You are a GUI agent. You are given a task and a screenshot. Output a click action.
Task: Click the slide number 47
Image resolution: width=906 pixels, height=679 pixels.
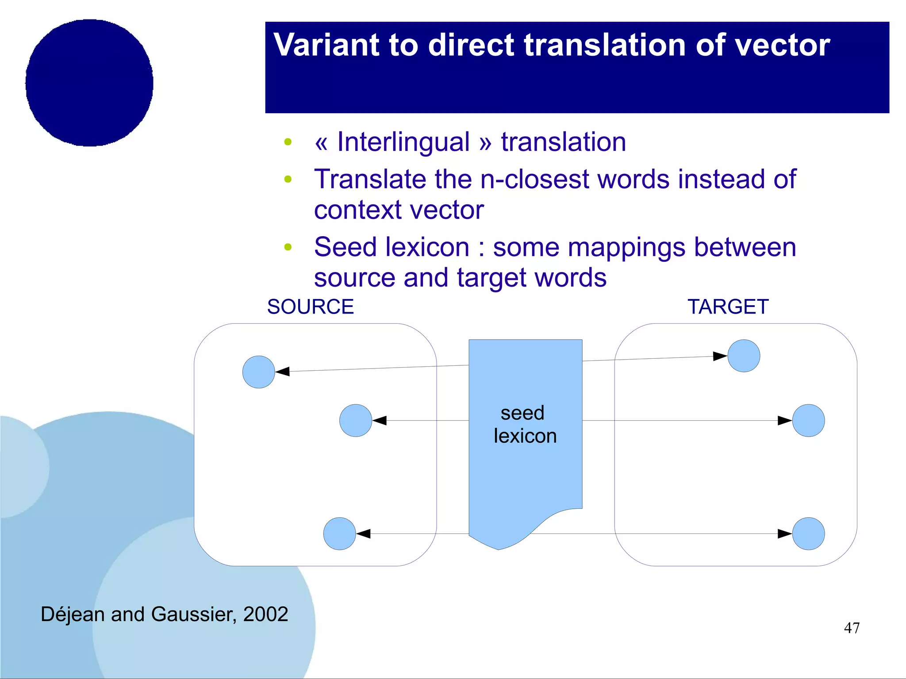852,628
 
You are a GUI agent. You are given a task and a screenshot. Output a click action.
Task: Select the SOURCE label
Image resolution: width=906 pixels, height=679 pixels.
311,307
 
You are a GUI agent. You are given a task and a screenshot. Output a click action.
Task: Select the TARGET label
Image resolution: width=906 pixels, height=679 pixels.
728,307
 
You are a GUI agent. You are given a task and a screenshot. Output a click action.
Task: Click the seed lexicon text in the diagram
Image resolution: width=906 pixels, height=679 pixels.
525,425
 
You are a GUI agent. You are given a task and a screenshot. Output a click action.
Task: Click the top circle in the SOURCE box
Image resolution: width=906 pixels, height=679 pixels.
259,372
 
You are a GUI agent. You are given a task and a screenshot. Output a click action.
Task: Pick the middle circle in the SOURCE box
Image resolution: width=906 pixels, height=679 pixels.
356,421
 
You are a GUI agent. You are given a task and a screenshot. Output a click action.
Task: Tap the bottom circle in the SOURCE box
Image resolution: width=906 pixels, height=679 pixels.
339,534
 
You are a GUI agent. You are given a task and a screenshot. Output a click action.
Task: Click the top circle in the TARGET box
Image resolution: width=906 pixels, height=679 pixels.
744,356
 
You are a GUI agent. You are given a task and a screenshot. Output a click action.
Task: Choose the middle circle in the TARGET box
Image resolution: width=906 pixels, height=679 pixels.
808,421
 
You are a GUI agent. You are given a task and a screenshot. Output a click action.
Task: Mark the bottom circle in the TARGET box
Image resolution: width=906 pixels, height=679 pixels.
808,534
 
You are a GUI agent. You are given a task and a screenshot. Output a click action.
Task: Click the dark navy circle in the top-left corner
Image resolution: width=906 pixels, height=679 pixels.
89,83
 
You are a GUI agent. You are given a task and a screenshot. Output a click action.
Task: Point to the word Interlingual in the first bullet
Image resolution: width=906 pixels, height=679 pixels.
403,142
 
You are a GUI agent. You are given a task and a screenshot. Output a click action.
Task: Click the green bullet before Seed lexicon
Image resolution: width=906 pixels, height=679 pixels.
288,247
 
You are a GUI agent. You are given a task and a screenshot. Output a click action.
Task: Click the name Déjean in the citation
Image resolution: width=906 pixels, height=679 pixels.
73,614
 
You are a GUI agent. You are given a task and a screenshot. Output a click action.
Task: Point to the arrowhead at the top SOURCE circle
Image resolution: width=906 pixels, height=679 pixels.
283,371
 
